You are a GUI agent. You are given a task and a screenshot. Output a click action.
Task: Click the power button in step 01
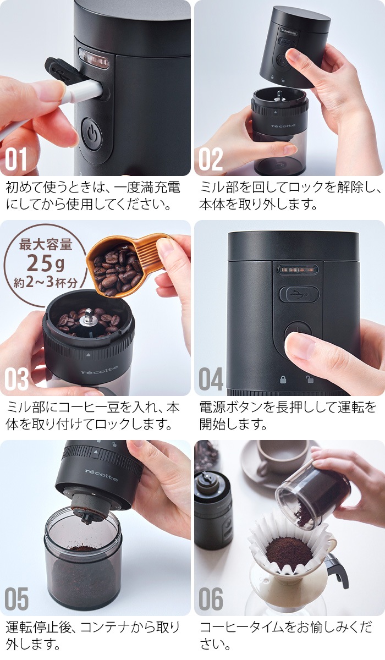click(91, 133)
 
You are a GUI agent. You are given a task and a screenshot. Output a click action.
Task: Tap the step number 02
click(211, 159)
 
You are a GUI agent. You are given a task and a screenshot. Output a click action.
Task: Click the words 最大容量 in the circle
click(45, 244)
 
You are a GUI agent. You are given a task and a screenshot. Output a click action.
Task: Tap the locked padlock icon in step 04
click(283, 380)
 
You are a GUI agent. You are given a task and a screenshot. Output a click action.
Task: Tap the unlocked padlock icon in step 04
click(310, 380)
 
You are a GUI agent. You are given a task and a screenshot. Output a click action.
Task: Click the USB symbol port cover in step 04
click(299, 294)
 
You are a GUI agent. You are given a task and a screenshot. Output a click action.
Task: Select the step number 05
click(17, 599)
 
